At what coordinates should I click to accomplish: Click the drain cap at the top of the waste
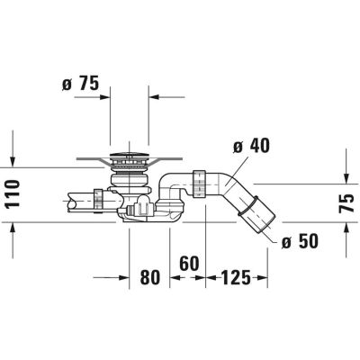point(130,162)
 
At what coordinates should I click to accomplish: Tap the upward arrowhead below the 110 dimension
point(13,229)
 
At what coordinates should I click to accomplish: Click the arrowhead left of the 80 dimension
point(127,277)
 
